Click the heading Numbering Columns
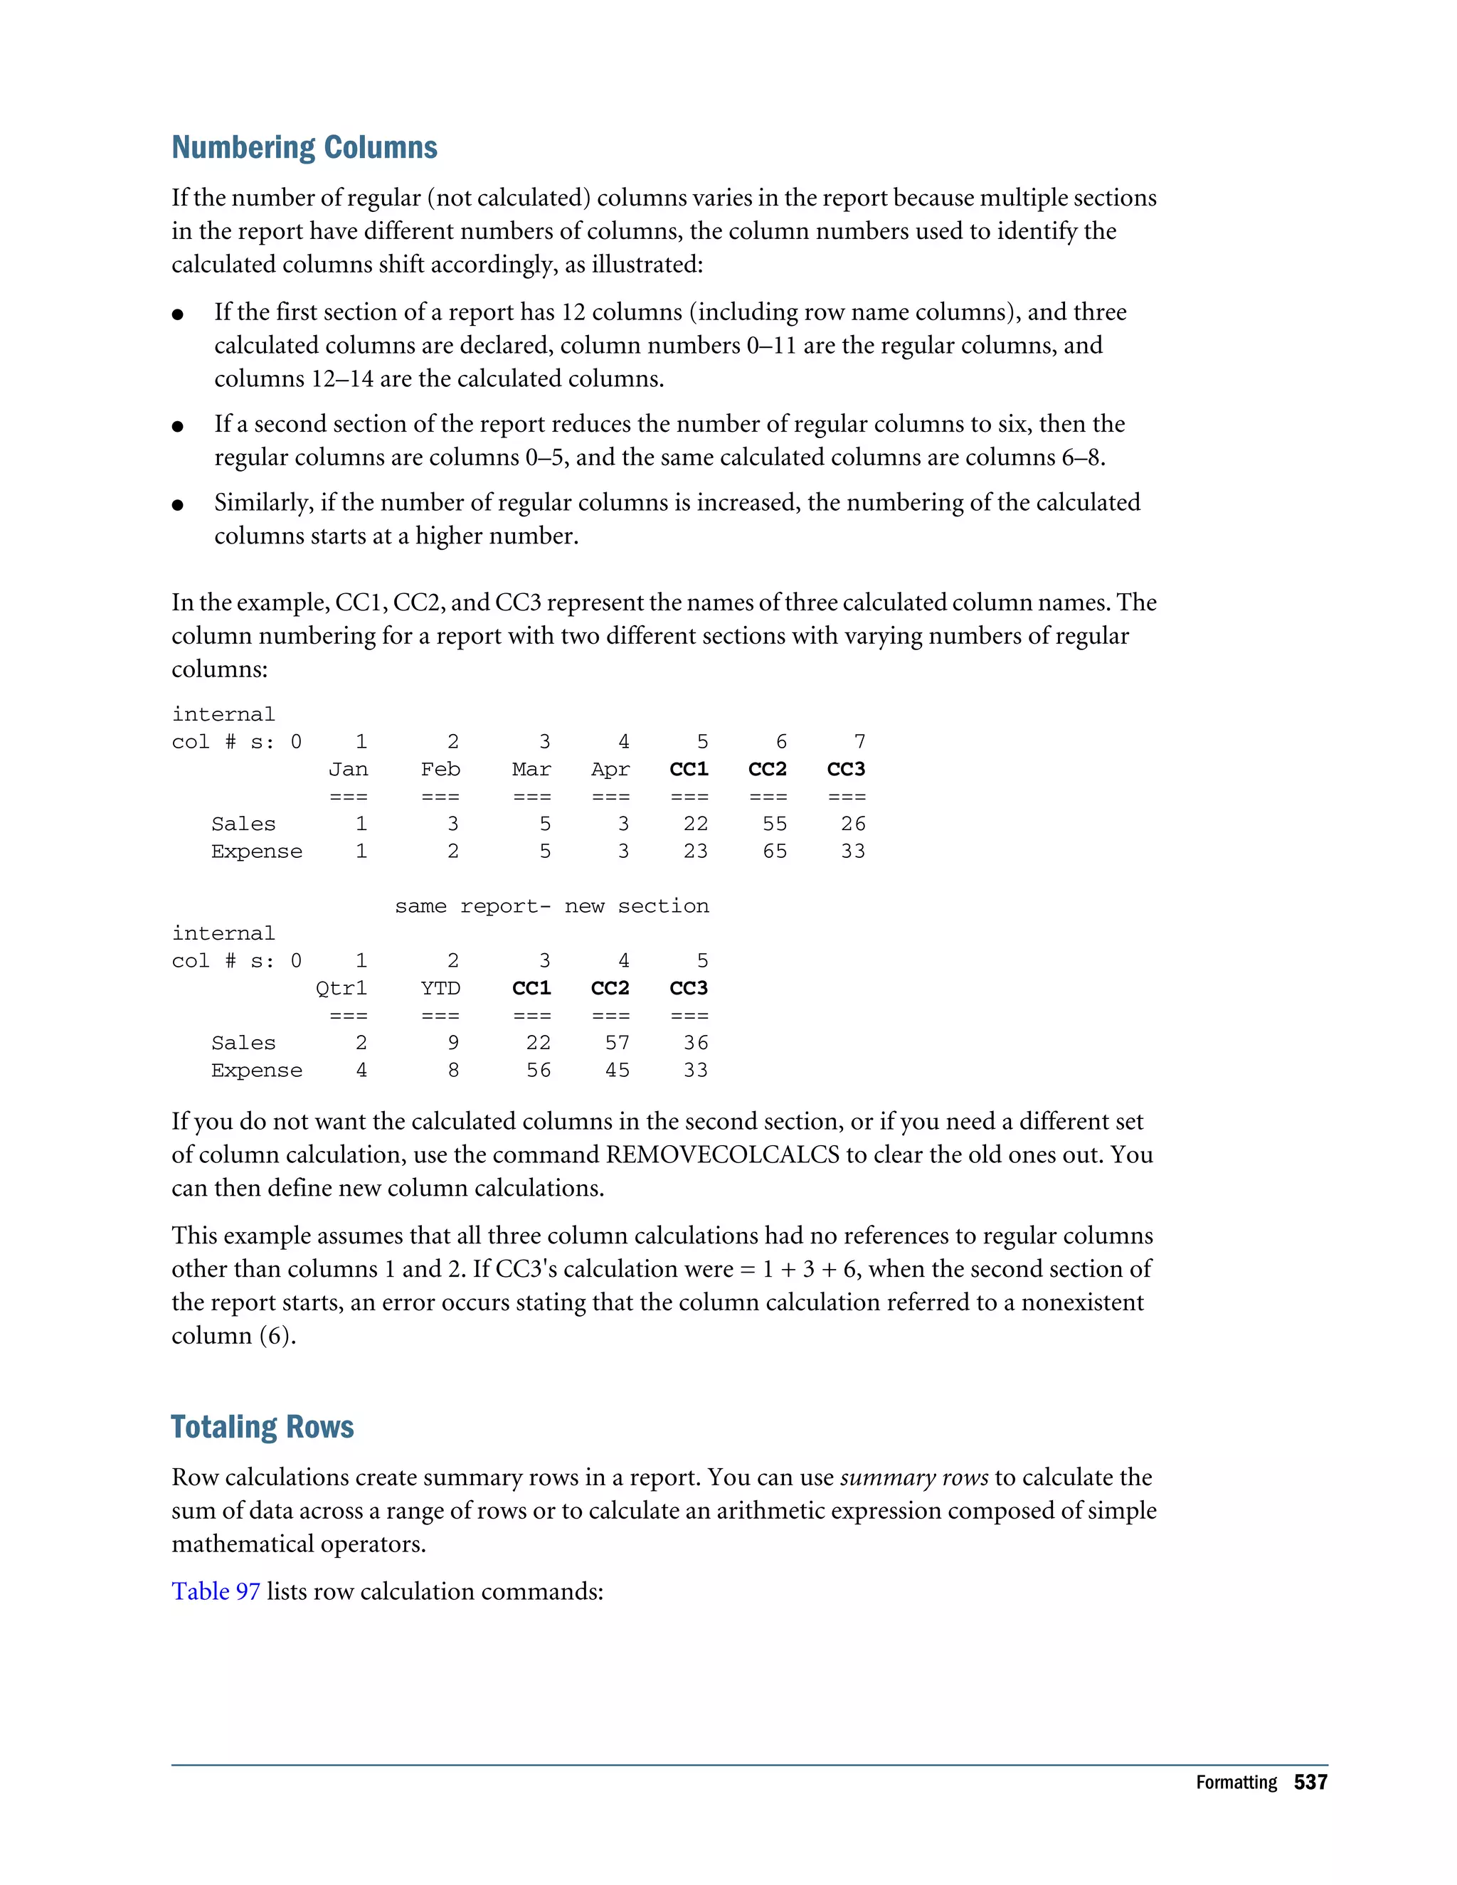[x=304, y=147]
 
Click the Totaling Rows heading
[x=263, y=1427]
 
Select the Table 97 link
[x=216, y=1591]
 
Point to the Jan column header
[x=348, y=769]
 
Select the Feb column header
[x=440, y=769]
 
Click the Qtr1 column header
[x=341, y=988]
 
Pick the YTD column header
[x=440, y=988]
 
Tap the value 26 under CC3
[x=853, y=824]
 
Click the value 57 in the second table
[x=617, y=1044]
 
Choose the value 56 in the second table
[x=539, y=1071]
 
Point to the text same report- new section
[x=551, y=906]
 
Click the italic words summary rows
[x=913, y=1477]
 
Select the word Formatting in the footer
[x=1236, y=1783]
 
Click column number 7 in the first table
[x=859, y=742]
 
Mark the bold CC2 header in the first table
[x=768, y=769]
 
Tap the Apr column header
[x=610, y=769]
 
